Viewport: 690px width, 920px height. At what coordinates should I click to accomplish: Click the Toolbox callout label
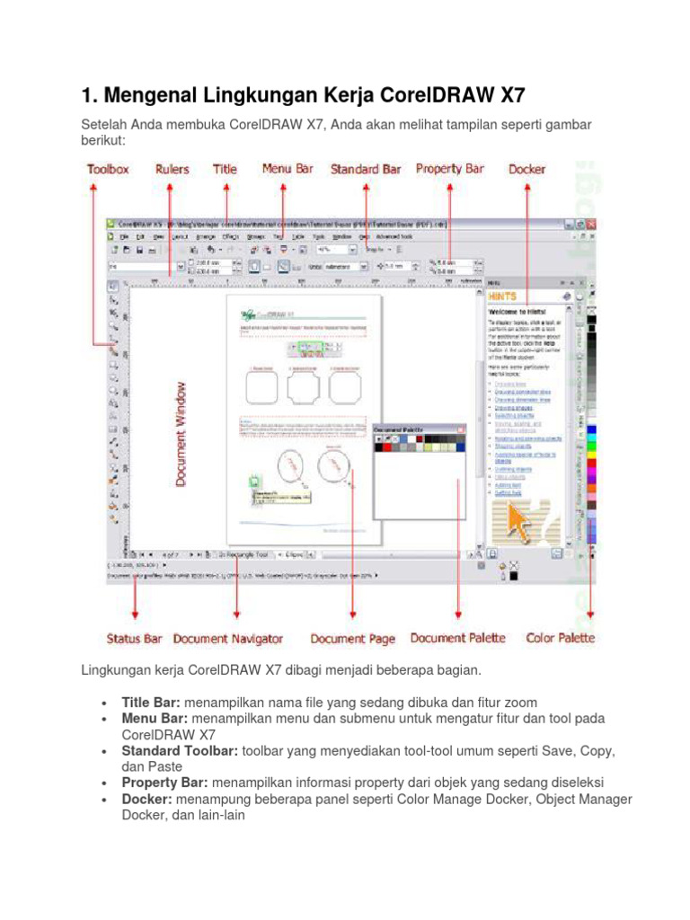point(107,169)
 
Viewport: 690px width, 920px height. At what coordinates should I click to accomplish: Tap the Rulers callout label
point(172,169)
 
